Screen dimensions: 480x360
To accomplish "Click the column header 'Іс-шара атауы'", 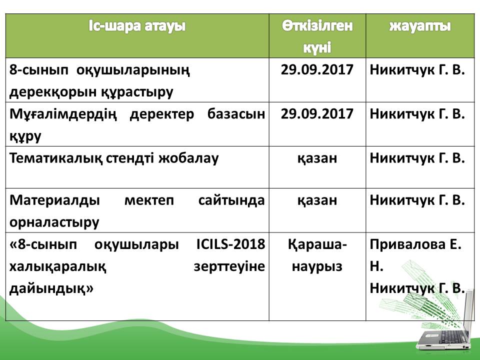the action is click(137, 26).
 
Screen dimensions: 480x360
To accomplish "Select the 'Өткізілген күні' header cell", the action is click(317, 36).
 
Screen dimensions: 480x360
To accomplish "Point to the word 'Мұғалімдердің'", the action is click(63, 114).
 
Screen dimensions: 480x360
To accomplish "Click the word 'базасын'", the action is click(236, 114).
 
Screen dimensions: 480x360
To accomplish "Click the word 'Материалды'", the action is click(54, 200).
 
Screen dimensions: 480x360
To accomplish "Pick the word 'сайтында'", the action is click(231, 200).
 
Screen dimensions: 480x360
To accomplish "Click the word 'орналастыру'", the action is click(54, 222).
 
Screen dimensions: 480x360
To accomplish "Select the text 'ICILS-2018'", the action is click(230, 244).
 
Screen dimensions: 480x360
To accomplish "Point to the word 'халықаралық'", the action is click(58, 267).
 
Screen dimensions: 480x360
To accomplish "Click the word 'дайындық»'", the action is click(51, 288).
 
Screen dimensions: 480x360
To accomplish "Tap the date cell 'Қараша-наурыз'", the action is click(317, 255).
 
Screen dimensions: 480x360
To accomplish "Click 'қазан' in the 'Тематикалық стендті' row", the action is click(317, 158).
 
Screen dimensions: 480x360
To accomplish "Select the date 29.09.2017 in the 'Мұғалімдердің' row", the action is click(317, 114).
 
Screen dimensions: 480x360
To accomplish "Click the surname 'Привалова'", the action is click(407, 244).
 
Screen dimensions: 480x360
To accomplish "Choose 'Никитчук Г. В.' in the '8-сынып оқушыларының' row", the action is click(417, 70).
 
